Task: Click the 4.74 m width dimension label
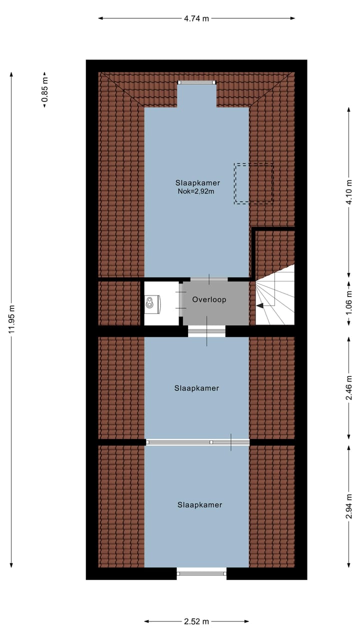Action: [x=196, y=18]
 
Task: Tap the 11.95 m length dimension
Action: [x=11, y=319]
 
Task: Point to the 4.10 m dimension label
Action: [x=349, y=192]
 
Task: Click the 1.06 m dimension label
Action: [x=349, y=301]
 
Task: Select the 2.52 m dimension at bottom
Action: [x=196, y=621]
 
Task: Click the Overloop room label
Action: [x=209, y=300]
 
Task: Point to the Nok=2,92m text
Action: [x=195, y=191]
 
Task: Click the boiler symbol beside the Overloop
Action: [x=152, y=303]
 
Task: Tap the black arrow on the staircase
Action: [x=260, y=305]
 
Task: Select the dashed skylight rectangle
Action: [x=253, y=183]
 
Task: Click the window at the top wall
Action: [x=197, y=82]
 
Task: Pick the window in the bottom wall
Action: [x=201, y=573]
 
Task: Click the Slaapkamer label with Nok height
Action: [x=197, y=182]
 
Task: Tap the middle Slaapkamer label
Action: [x=196, y=388]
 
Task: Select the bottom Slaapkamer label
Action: [x=199, y=505]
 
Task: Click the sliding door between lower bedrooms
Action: [x=197, y=442]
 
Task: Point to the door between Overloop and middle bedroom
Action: [x=206, y=330]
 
